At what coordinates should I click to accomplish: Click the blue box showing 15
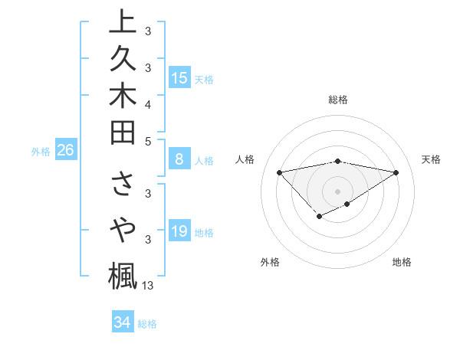coord(179,77)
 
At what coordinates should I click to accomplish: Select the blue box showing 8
coord(179,160)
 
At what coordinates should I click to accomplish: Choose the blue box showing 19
coord(179,231)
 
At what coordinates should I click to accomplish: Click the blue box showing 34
coord(122,322)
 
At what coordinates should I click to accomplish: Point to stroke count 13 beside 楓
coord(148,286)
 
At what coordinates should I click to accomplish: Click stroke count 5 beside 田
coord(148,140)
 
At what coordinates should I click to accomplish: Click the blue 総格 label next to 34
coord(148,324)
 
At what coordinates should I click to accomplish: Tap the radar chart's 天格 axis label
coord(431,159)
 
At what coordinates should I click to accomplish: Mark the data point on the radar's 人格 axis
coord(280,172)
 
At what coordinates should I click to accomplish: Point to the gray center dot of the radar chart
coord(338,191)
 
